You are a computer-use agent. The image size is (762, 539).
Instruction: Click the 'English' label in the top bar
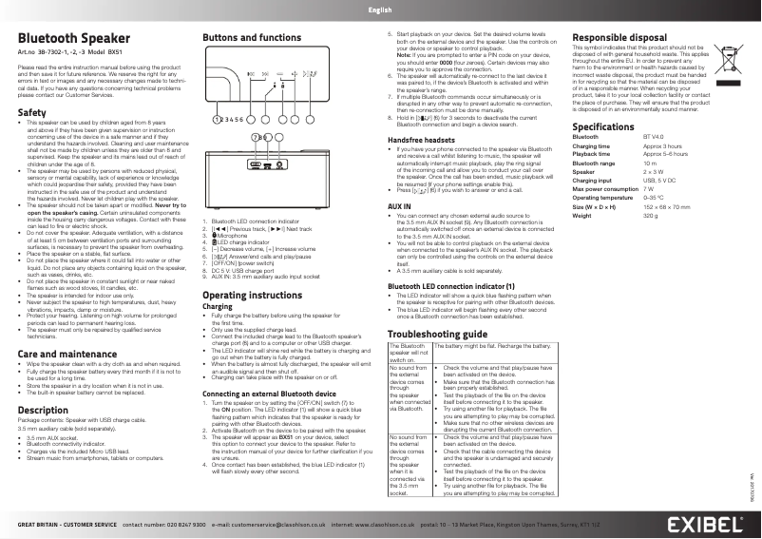pyautogui.click(x=380, y=10)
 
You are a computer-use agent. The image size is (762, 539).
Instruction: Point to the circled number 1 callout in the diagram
pyautogui.click(x=216, y=120)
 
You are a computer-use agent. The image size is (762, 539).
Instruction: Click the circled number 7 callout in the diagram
pyautogui.click(x=255, y=137)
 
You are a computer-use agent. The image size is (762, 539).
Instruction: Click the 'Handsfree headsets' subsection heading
pyautogui.click(x=421, y=140)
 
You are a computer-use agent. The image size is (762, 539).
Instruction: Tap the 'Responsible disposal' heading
pyautogui.click(x=619, y=37)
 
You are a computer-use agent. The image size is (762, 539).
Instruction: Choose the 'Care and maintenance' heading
pyautogui.click(x=61, y=354)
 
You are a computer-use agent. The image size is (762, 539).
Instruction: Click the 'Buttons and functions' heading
pyautogui.click(x=252, y=37)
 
